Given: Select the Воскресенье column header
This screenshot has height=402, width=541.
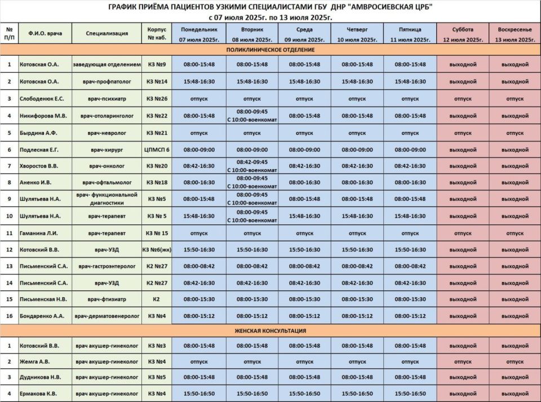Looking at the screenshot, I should click(515, 34).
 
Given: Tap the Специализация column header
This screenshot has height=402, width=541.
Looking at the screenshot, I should click(107, 34).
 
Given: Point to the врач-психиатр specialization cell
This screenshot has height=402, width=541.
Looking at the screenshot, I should click(107, 99).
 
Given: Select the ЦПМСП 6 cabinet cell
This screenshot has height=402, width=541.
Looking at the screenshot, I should click(156, 149).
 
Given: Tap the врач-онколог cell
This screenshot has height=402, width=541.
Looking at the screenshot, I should click(107, 166).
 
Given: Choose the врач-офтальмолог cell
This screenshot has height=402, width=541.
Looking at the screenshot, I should click(107, 183).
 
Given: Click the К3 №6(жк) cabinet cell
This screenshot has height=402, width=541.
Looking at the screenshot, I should click(156, 249).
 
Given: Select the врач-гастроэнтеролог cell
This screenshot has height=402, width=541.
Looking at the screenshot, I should click(107, 266).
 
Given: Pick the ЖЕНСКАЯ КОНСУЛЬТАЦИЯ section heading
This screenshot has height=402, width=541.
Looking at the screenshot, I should click(270, 330).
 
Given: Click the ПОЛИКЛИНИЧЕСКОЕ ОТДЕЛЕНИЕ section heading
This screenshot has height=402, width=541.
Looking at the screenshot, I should click(270, 50).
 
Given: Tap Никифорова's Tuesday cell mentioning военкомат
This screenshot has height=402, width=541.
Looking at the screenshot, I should click(252, 116).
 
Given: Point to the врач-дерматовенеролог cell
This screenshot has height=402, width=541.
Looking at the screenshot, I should click(107, 316).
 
